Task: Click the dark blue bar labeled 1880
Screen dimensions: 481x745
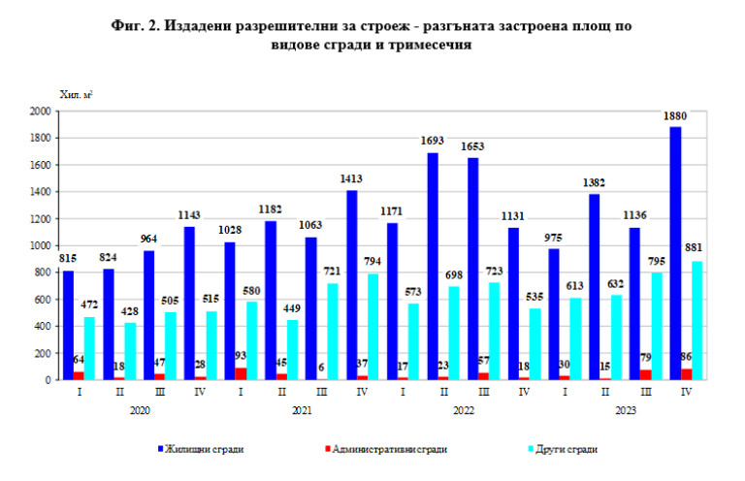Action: (x=675, y=253)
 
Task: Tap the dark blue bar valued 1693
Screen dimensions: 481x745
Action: (x=433, y=266)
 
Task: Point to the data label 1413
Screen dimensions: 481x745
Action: (x=349, y=178)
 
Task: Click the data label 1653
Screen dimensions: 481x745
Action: (x=472, y=146)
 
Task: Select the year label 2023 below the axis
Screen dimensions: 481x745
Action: (x=626, y=412)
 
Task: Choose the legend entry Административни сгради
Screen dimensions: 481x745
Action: (x=388, y=449)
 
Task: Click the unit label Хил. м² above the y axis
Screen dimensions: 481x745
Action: (x=76, y=94)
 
